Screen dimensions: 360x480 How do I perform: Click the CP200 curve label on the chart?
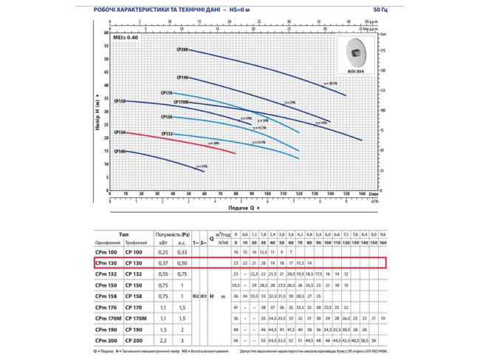click(182, 50)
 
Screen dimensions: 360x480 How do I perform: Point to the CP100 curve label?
click(120, 152)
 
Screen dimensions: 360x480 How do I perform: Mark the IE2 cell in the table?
click(196, 295)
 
